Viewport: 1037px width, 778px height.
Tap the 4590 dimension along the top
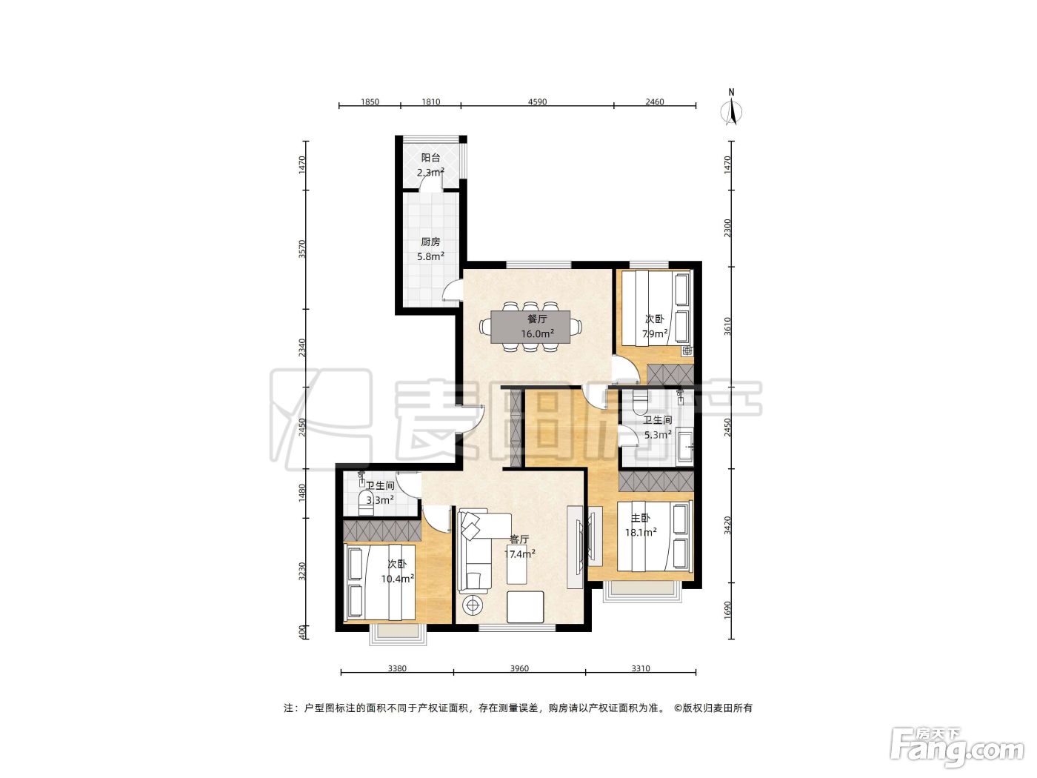tap(537, 102)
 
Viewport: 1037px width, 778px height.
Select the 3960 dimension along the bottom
tap(518, 668)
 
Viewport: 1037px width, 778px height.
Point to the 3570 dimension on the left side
tap(302, 249)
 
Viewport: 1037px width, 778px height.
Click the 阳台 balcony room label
tap(430, 158)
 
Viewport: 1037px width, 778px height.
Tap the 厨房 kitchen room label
tap(430, 242)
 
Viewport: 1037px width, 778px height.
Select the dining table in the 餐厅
tap(530, 327)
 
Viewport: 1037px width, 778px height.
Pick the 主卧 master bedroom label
tap(641, 518)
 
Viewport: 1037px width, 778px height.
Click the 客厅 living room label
tap(519, 539)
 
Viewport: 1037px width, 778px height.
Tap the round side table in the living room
tap(473, 605)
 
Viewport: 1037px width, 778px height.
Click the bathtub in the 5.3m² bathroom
tap(685, 446)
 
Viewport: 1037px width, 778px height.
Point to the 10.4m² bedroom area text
tap(398, 579)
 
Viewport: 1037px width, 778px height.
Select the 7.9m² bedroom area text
tap(654, 334)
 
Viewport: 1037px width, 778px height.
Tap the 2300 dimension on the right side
tap(727, 228)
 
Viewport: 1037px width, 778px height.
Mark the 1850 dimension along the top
tap(370, 102)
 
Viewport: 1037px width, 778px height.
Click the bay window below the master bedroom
tap(642, 591)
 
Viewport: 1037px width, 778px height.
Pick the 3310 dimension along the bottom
tap(641, 668)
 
